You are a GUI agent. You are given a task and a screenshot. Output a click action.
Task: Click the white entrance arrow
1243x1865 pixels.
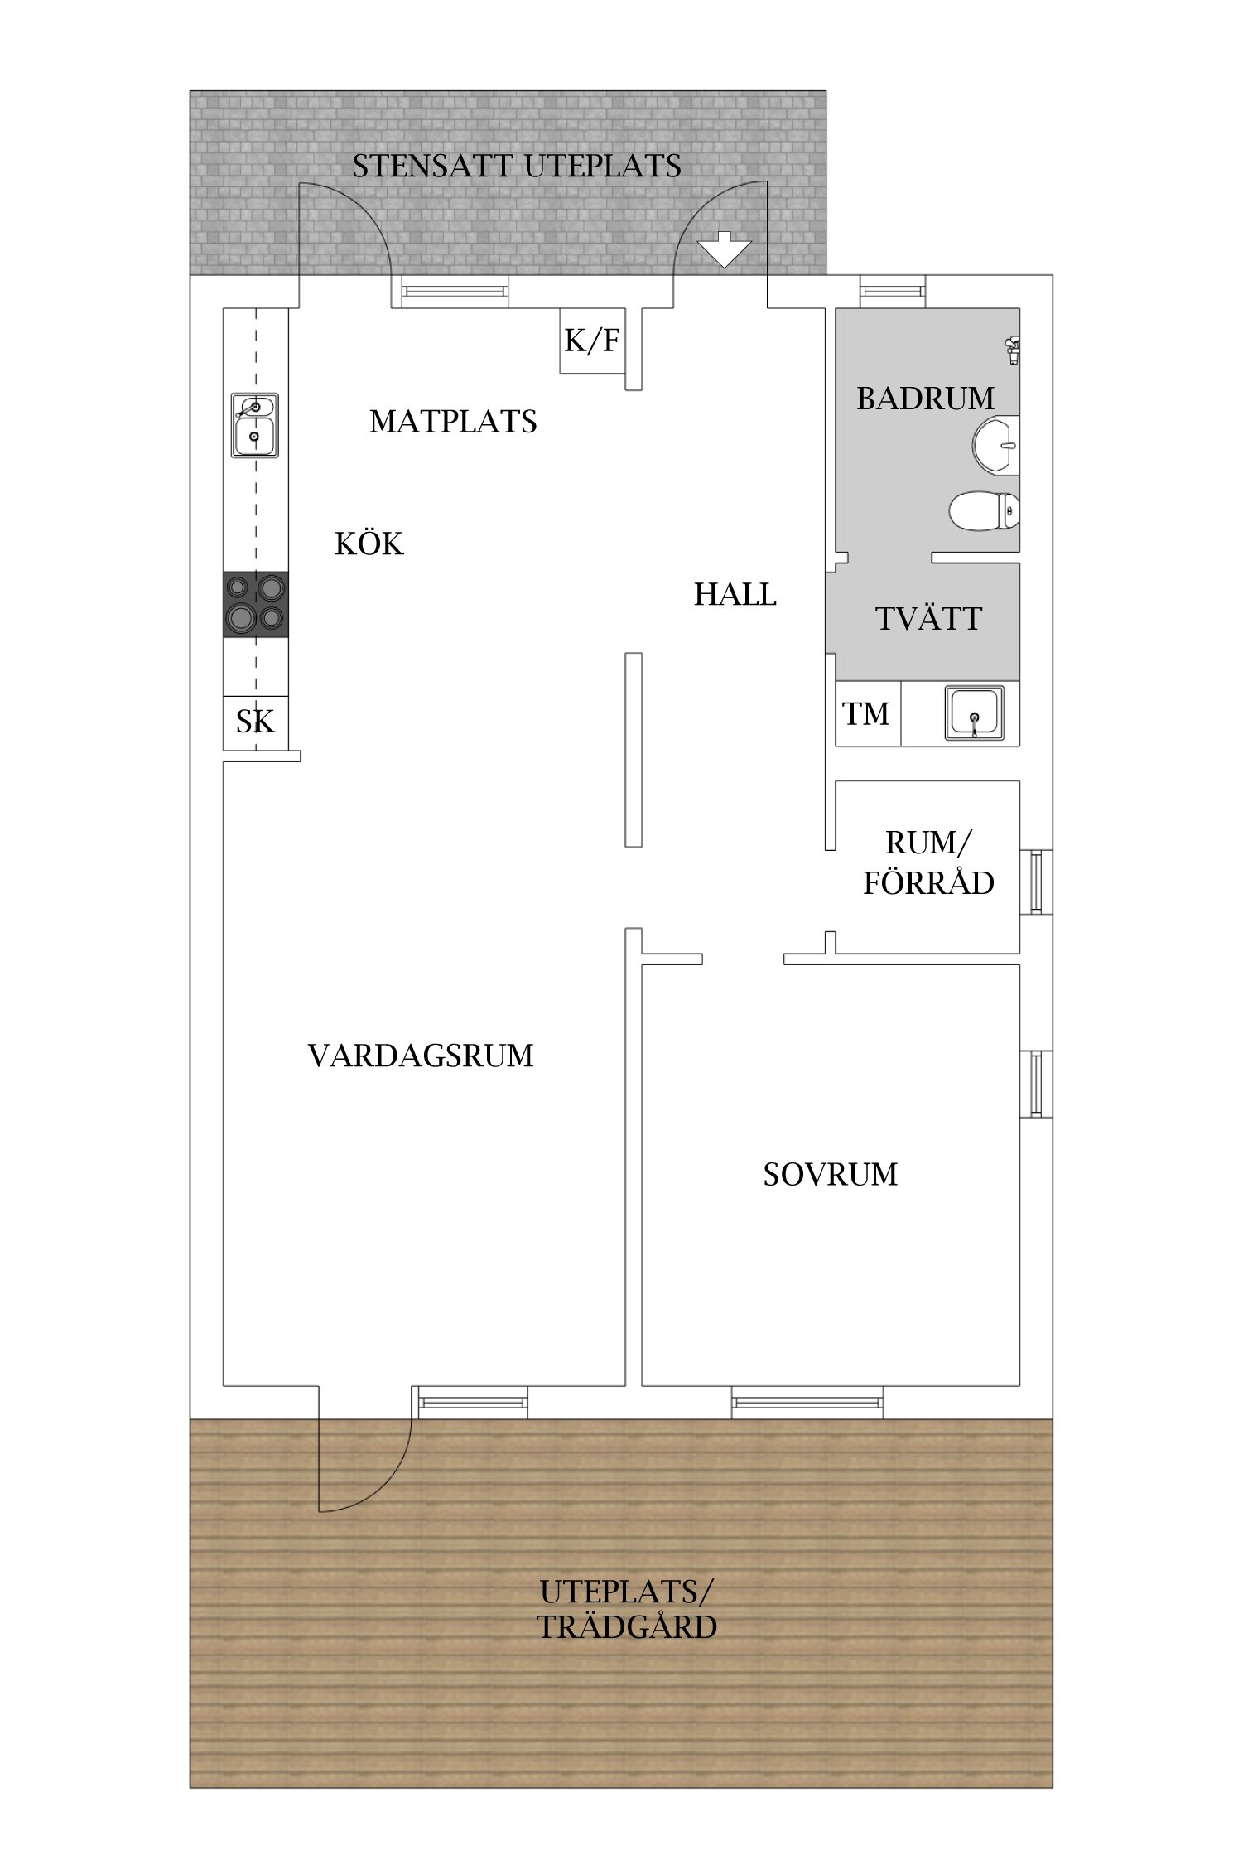[x=724, y=249]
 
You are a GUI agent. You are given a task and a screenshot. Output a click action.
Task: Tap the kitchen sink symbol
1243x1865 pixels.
[x=254, y=425]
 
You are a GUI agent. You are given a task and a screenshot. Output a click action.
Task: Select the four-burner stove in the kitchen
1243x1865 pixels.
[x=256, y=604]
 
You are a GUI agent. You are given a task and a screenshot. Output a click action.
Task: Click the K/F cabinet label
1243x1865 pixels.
[x=591, y=341]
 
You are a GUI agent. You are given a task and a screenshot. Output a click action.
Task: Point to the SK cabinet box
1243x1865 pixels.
[x=255, y=722]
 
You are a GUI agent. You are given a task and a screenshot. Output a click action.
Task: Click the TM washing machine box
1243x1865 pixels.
[x=866, y=714]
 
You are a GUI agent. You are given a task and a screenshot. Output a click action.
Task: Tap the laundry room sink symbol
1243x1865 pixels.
[x=975, y=713]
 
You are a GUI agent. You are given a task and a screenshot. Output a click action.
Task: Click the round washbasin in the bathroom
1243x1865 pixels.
[x=996, y=446]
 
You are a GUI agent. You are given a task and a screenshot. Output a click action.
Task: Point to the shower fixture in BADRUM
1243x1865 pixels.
[x=1012, y=350]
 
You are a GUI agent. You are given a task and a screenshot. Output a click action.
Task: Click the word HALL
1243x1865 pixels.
[x=735, y=595]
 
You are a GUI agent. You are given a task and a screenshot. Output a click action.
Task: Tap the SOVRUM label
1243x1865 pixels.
[x=830, y=1175]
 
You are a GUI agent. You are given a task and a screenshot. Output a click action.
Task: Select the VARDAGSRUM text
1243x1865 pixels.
[x=421, y=1056]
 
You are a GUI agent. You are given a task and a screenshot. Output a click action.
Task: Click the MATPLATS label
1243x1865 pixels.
[x=453, y=422]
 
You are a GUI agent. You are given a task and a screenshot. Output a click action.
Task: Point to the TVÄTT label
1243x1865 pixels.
[x=928, y=619]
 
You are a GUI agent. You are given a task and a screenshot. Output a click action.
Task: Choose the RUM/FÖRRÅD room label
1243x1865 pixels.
[x=928, y=863]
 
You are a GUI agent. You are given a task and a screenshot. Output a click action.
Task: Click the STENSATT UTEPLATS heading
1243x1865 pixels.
[x=517, y=167]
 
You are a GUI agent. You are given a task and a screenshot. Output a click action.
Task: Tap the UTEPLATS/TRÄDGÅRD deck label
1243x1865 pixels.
[x=627, y=1610]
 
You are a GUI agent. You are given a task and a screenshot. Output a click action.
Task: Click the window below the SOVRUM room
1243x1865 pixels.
[x=807, y=1403]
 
